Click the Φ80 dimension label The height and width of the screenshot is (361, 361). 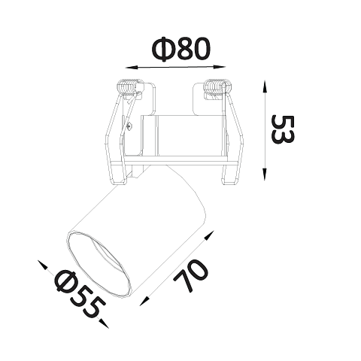coord(180,49)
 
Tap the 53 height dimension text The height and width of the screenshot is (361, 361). coord(283,129)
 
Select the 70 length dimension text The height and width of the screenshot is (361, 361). coord(191,275)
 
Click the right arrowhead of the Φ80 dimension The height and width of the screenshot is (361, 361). coord(220,67)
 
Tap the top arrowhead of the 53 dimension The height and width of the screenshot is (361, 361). coord(264,86)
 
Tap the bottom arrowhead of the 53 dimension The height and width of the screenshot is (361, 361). coord(264,174)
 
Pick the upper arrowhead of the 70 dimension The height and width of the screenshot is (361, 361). coord(210,235)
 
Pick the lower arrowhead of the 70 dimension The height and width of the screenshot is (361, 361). coord(144,301)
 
